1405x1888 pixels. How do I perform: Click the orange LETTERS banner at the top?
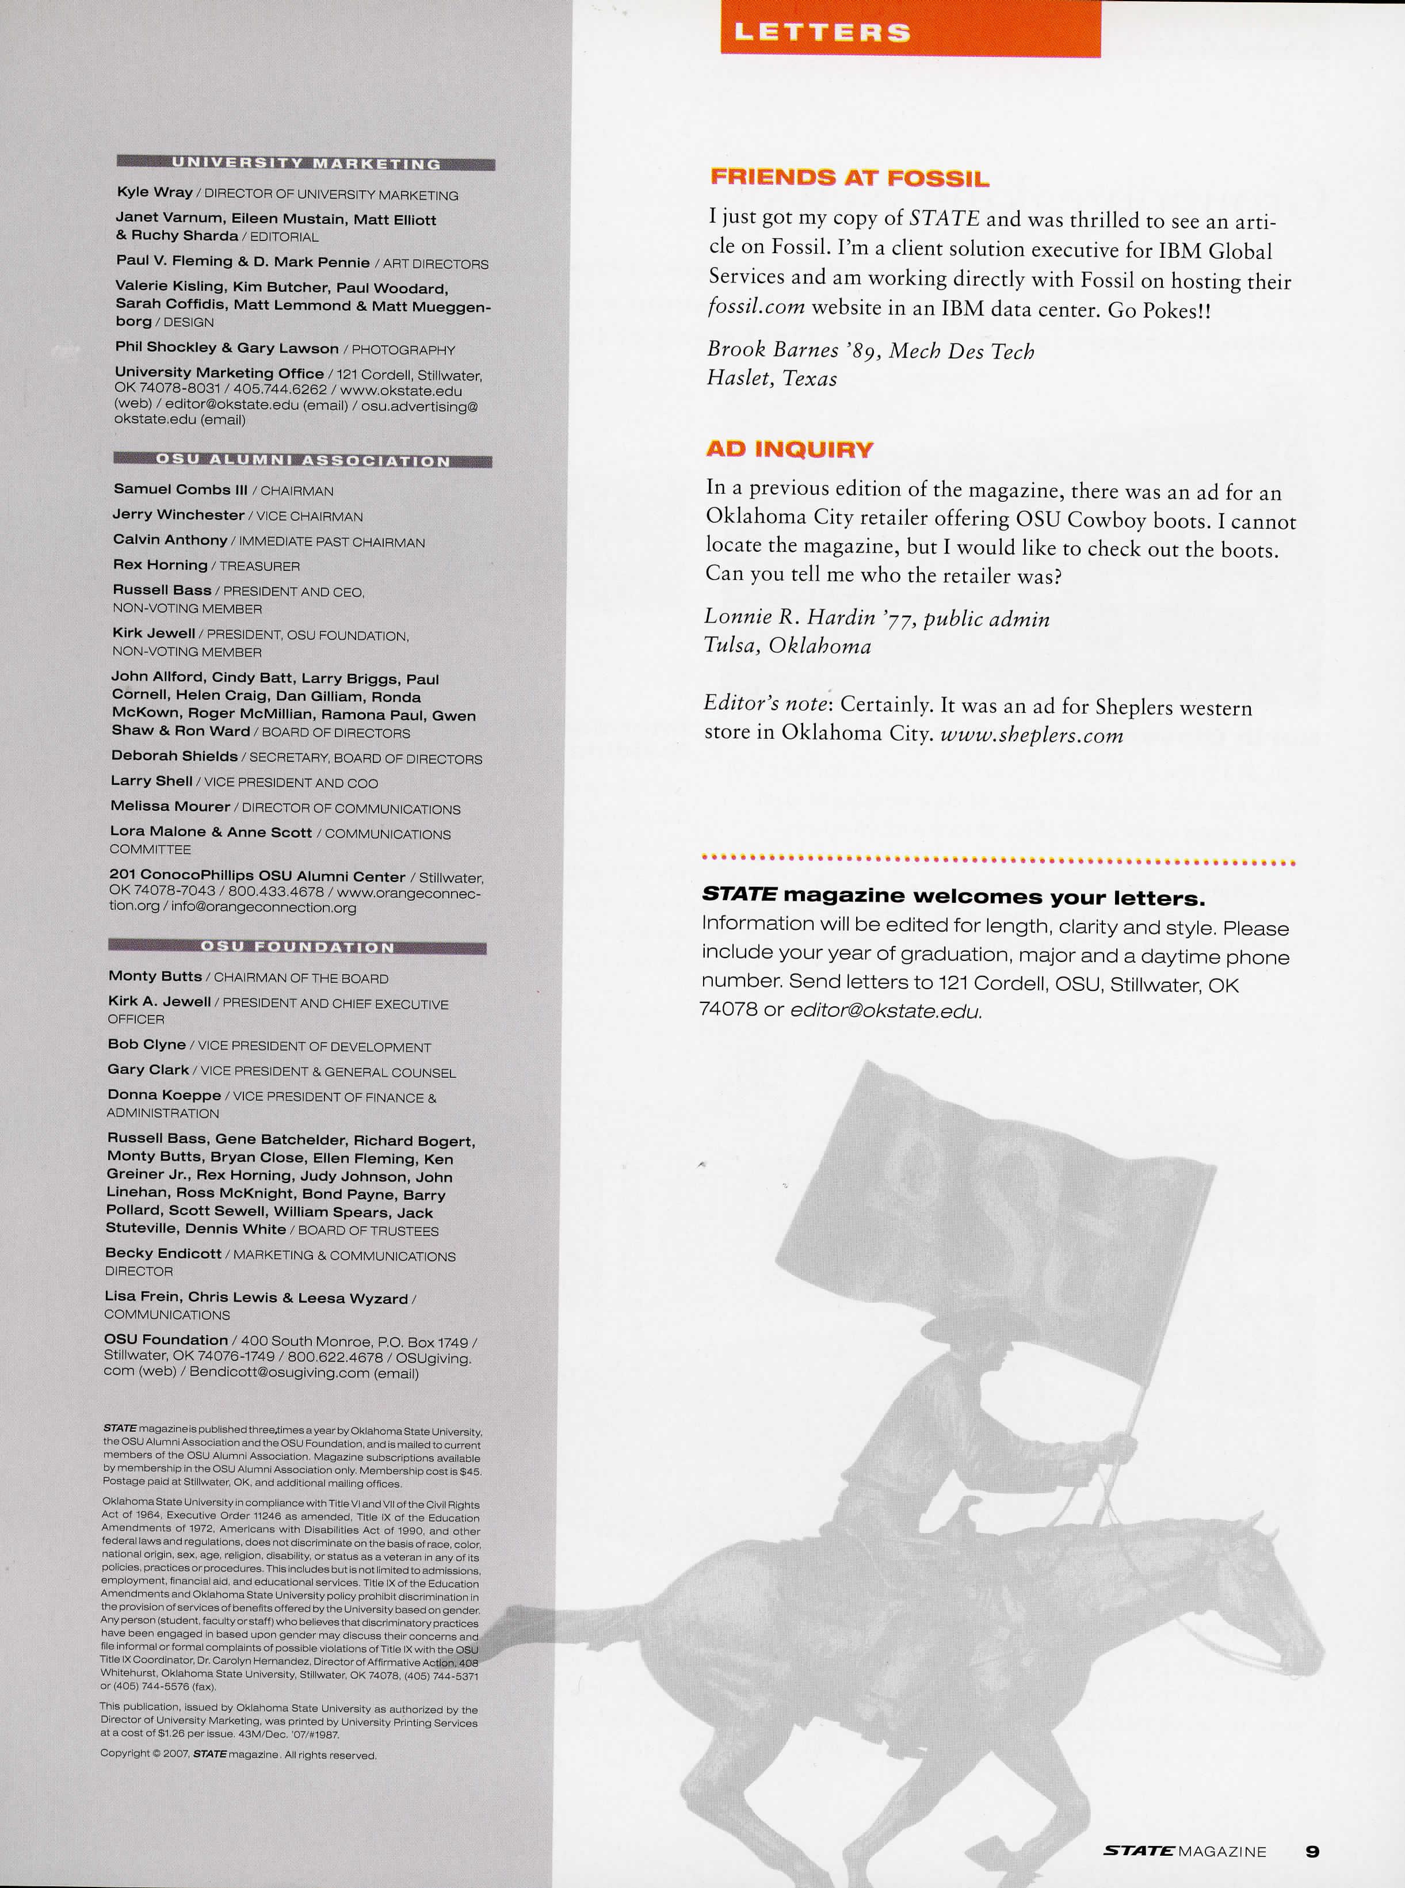point(910,30)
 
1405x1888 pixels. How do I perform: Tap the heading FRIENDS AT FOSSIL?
point(850,178)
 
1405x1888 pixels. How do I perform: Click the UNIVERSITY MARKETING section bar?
point(306,163)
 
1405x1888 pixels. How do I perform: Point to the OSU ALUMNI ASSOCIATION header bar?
point(302,461)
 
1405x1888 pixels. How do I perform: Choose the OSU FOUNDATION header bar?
point(297,947)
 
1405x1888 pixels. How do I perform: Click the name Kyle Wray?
point(154,192)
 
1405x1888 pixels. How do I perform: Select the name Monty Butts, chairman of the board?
point(155,977)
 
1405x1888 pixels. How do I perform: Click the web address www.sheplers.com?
point(1032,735)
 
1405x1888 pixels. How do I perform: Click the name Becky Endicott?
point(163,1253)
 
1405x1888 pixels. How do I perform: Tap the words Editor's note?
point(765,705)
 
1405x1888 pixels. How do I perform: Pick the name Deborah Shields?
point(174,756)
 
